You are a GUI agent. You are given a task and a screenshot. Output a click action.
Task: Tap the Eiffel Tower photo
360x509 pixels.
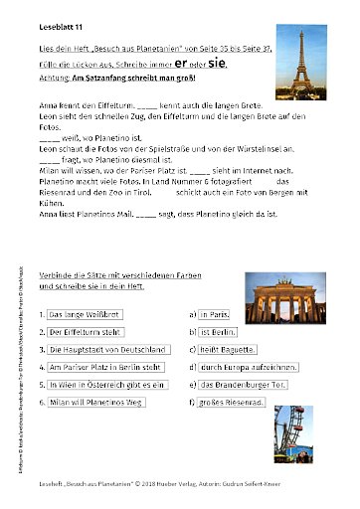299,64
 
